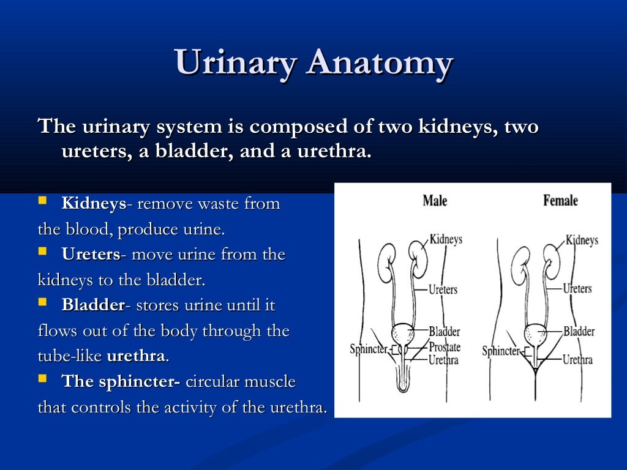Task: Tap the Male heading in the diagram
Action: [435, 200]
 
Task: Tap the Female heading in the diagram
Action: [560, 200]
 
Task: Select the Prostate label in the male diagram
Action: [445, 347]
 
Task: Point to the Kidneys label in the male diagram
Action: [446, 239]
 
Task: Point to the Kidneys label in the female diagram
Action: [582, 240]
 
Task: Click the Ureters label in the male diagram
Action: [443, 289]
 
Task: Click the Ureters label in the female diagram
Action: [577, 288]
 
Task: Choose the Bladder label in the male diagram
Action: [444, 332]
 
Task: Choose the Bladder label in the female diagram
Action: [579, 331]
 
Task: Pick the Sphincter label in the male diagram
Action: [369, 349]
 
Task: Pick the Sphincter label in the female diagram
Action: [501, 351]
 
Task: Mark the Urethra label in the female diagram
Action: [577, 360]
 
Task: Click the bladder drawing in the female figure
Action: [535, 334]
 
